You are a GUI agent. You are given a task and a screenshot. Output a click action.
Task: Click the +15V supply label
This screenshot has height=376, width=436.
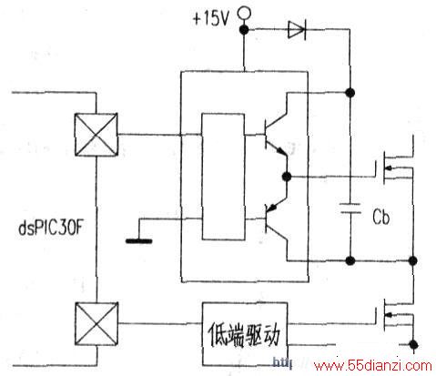click(x=210, y=18)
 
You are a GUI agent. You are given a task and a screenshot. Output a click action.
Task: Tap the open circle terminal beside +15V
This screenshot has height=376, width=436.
click(x=244, y=13)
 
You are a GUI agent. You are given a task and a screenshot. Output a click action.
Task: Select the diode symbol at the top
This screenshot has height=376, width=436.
click(x=297, y=29)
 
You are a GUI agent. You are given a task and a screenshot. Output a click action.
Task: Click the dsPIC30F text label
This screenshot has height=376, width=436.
click(x=51, y=228)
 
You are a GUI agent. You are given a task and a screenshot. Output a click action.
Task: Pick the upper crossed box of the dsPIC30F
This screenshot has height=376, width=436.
click(x=96, y=135)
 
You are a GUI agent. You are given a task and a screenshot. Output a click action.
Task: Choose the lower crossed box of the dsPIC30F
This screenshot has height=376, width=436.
click(x=96, y=324)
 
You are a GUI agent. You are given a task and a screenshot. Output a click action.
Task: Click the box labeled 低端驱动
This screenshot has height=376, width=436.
click(x=245, y=334)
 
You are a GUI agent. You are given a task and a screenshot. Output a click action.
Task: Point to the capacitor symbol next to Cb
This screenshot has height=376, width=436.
click(x=350, y=208)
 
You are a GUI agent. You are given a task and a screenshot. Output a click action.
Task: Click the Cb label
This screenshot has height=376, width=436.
click(x=380, y=217)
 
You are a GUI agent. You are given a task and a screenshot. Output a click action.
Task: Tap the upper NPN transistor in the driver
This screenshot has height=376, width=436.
click(x=276, y=134)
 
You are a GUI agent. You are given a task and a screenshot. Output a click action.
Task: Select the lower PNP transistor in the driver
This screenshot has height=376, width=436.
click(x=276, y=220)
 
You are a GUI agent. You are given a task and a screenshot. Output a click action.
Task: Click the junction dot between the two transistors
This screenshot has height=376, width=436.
click(x=287, y=177)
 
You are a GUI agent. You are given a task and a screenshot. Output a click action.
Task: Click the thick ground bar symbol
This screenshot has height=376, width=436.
click(x=139, y=241)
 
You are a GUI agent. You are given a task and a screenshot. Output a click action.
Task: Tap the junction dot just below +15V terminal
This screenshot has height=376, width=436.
click(x=244, y=30)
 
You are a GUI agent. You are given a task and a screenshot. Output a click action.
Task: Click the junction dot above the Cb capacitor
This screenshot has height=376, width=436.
click(x=350, y=92)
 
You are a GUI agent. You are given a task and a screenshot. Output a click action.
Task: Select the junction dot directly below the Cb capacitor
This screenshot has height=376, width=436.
click(x=350, y=260)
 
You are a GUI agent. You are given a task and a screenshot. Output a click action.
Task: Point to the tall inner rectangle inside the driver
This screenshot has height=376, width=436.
click(x=223, y=177)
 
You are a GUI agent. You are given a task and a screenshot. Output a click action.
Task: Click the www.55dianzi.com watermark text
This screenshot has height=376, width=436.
click(x=373, y=365)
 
